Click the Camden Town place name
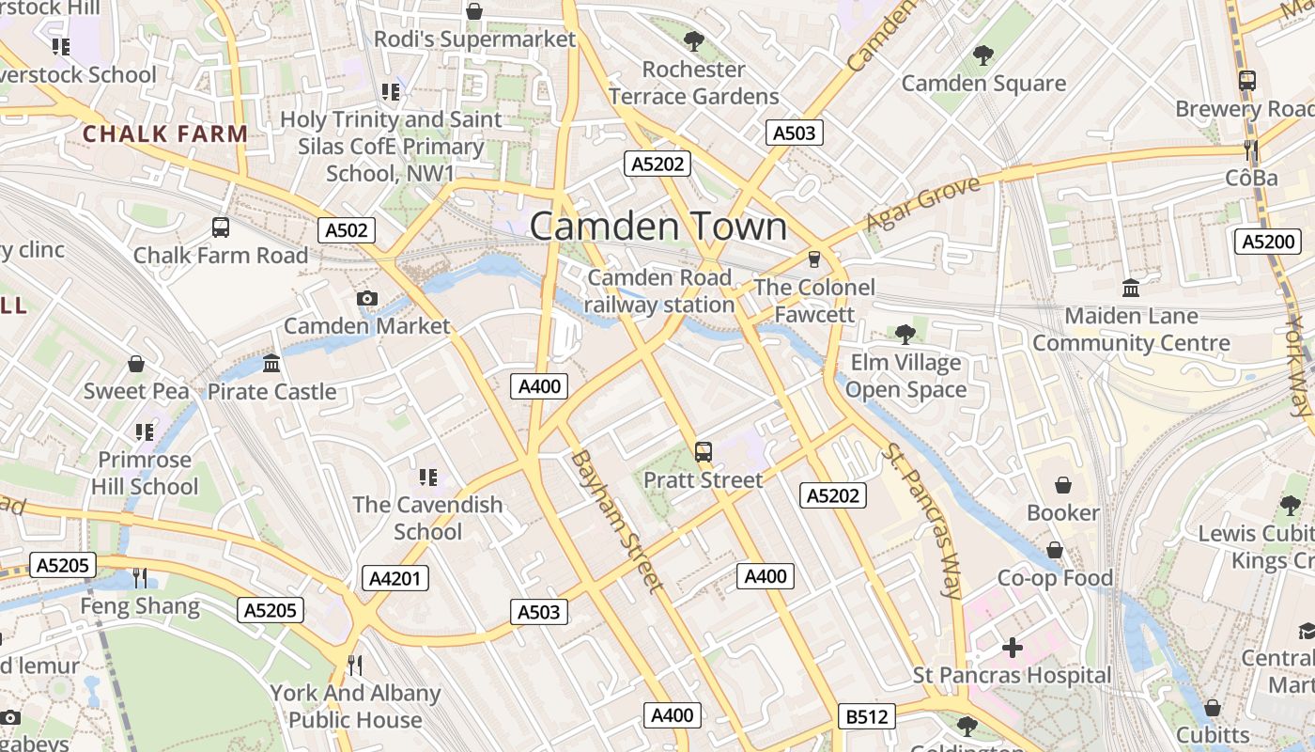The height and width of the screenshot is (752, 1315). pos(658,227)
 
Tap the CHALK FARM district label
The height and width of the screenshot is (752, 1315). pos(165,133)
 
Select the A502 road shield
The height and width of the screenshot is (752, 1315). pos(347,230)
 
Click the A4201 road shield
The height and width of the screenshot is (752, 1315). pos(394,577)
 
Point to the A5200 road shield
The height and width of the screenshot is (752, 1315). pos(1267,242)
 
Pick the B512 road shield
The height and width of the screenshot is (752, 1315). pos(866,717)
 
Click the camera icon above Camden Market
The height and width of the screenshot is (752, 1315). pos(367,299)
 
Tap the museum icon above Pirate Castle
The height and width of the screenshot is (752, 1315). pos(271,363)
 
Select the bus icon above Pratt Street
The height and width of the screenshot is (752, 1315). pos(704,452)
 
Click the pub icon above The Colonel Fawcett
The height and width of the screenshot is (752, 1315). pos(814,258)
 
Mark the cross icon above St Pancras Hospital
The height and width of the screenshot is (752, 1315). pos(1012,648)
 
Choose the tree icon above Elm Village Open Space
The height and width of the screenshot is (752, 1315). pos(905,334)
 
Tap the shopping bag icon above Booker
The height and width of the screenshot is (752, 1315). pos(1063,485)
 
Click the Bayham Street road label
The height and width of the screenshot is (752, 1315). pos(616,521)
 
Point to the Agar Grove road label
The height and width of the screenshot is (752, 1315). pos(921,203)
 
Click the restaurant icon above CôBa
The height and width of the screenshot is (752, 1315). pos(1250,149)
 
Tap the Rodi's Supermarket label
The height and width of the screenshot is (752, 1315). pos(474,39)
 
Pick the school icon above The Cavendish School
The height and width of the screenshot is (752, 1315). pos(427,478)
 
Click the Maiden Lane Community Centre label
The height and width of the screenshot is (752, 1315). pos(1131,329)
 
